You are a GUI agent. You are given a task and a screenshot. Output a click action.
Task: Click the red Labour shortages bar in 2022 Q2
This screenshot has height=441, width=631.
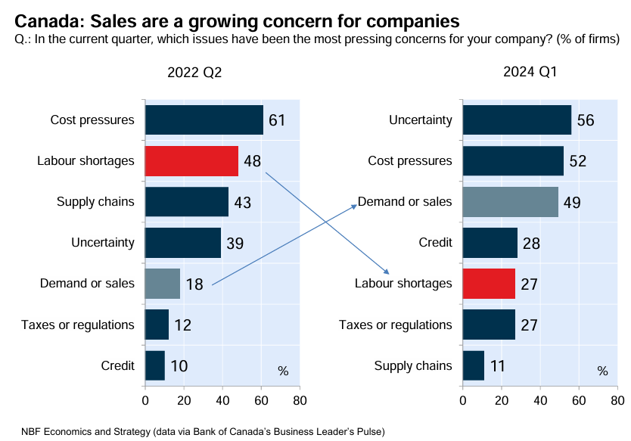(x=191, y=161)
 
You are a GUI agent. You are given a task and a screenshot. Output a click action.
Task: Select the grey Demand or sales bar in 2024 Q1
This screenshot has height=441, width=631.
(x=510, y=202)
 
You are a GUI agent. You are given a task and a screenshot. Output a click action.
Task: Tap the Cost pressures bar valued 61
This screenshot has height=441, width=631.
(x=204, y=120)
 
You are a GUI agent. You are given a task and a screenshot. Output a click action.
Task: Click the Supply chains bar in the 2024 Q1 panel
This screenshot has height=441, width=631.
(x=473, y=365)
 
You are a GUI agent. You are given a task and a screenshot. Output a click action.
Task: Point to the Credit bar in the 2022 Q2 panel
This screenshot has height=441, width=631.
(x=154, y=365)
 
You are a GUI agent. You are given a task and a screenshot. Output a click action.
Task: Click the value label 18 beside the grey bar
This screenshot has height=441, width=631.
(x=194, y=284)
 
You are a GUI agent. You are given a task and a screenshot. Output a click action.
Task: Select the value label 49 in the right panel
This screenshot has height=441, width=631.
(x=572, y=203)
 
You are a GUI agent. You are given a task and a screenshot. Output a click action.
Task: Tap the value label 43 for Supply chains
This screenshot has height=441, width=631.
(x=242, y=203)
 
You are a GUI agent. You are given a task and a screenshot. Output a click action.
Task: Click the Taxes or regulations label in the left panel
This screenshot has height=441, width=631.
(x=78, y=325)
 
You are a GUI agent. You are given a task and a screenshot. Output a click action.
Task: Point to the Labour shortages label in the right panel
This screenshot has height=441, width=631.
(x=403, y=284)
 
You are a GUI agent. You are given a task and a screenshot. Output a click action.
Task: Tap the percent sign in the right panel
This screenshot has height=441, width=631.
(x=602, y=371)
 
